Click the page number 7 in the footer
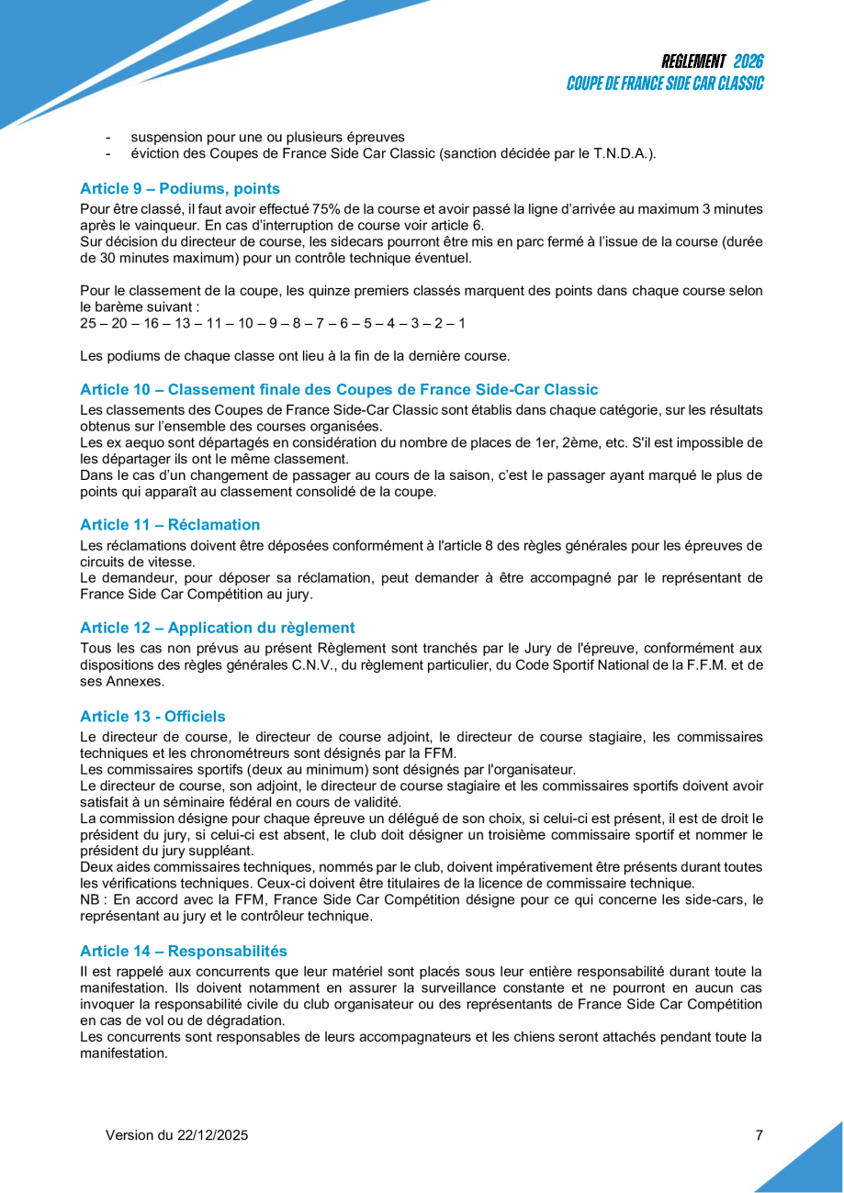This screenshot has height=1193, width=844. coord(759,1135)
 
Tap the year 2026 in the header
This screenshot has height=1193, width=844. coord(748,61)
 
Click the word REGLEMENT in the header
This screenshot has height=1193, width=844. coord(693,61)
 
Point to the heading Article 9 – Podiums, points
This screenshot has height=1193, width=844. coord(180,189)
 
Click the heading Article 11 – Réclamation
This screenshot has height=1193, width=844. coord(170,525)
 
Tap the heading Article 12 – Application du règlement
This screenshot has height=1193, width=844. coord(217,628)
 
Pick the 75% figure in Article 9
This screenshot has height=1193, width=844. coord(328,209)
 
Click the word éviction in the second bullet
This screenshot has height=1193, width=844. coord(154,154)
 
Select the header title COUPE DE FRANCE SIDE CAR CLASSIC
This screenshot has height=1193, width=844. coord(665,83)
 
